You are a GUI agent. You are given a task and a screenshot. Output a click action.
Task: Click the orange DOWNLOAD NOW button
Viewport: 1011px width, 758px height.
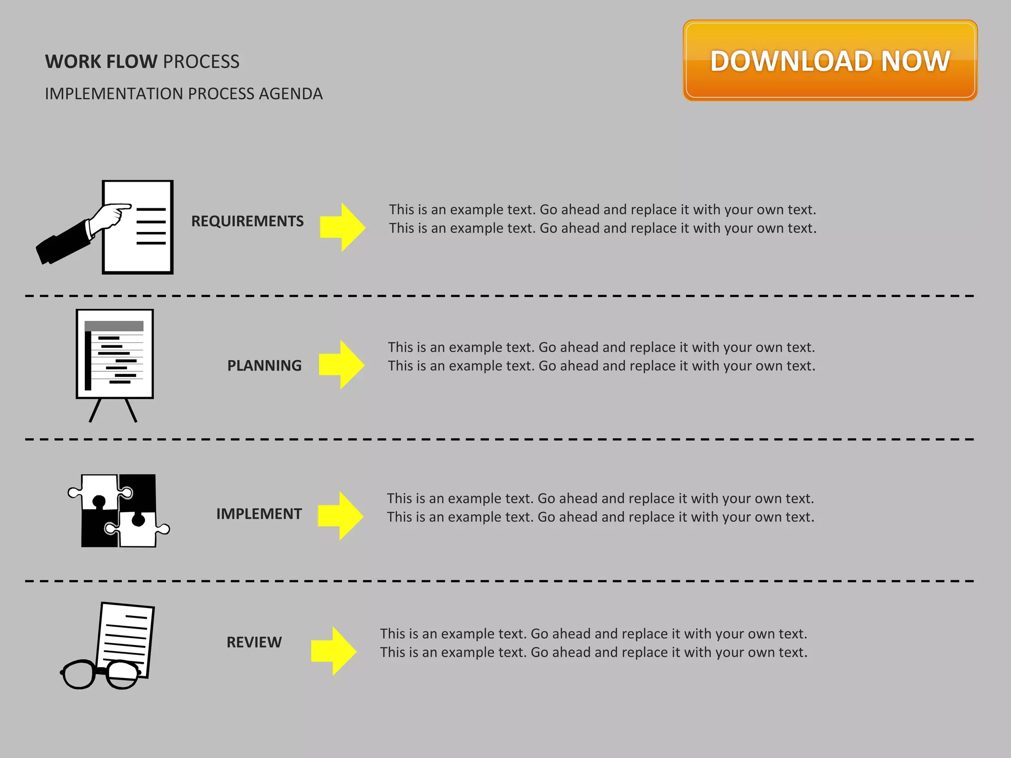pos(830,61)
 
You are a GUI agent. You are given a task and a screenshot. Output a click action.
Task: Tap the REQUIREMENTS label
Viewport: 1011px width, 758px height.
pos(247,221)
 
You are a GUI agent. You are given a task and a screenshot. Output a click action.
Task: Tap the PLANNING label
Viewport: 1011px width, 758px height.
pos(264,366)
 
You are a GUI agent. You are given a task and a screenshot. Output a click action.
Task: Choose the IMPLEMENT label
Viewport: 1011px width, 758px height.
pos(259,514)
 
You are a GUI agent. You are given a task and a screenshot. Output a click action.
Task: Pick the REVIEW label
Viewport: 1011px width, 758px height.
pos(254,642)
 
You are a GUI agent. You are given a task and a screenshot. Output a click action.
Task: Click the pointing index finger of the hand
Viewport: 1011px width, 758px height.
pos(121,207)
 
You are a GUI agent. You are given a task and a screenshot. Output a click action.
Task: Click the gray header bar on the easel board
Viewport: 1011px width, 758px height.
pos(114,326)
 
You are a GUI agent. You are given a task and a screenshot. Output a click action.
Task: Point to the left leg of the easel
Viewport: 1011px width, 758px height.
pos(95,411)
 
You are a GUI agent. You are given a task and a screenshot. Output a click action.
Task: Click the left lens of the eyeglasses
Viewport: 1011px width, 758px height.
pos(79,675)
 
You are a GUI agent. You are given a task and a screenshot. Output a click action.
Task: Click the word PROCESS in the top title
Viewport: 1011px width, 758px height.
pos(201,62)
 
